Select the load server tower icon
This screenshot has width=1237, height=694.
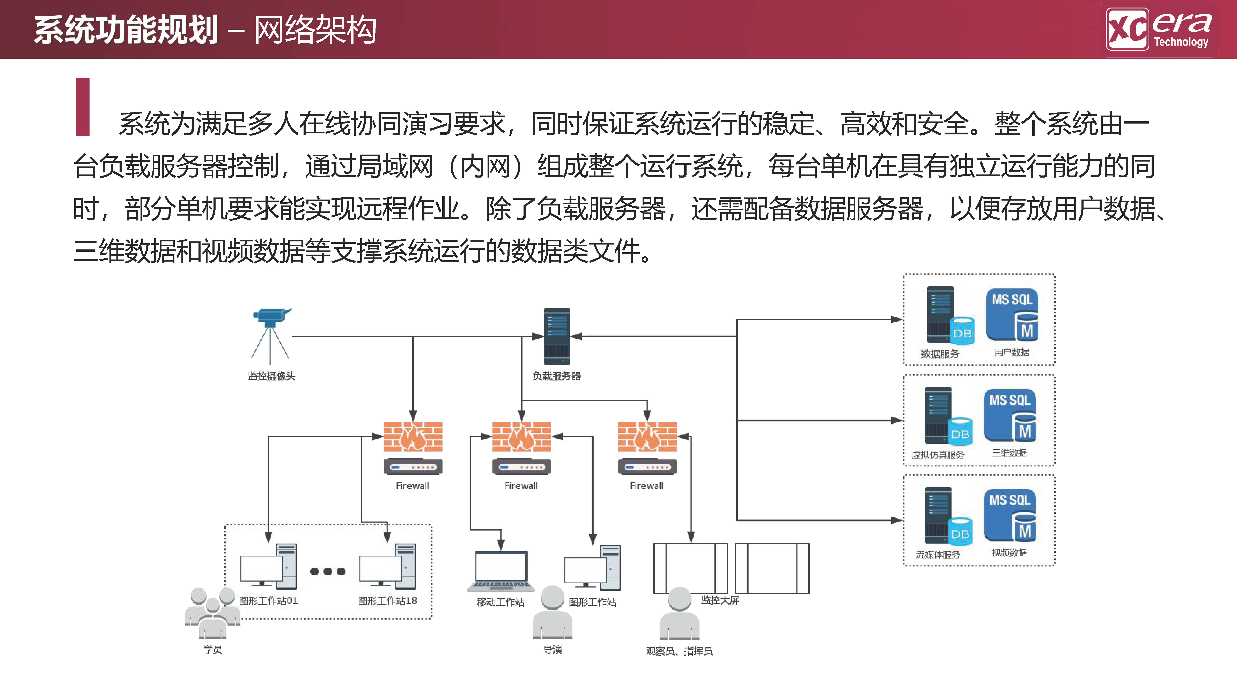[x=557, y=337]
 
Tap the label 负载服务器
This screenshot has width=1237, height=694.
[x=557, y=376]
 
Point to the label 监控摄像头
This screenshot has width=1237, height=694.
[x=271, y=376]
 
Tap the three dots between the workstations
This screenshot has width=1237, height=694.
[x=328, y=571]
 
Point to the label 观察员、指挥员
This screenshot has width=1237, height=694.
[x=679, y=651]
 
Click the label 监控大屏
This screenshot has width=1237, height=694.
[x=720, y=600]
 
